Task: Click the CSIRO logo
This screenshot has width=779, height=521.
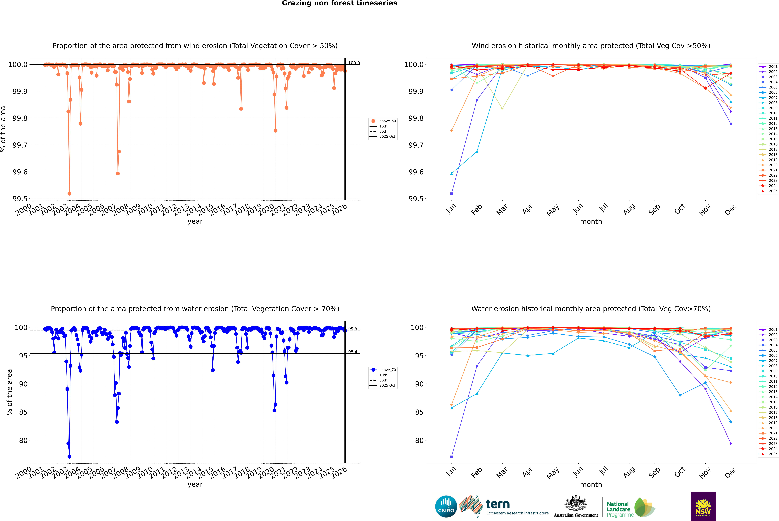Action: [446, 506]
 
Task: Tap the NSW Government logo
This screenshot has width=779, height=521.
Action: [703, 506]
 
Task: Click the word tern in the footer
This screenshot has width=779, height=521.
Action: [497, 504]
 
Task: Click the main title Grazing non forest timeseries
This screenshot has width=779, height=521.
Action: [339, 3]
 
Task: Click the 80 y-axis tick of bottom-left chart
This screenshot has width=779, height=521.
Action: [21, 441]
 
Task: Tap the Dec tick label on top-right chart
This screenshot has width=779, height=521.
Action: [731, 210]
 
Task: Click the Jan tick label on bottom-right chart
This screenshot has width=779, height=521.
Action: [451, 472]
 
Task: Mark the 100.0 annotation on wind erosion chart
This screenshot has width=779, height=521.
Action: [354, 63]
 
